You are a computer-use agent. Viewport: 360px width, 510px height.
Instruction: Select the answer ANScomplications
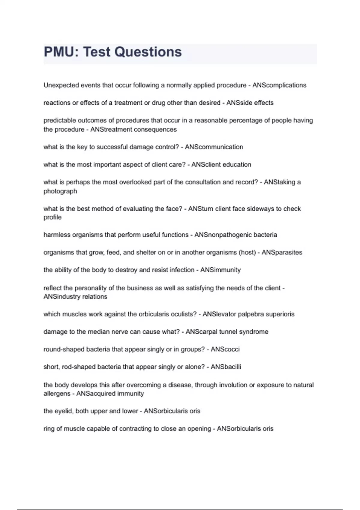pyautogui.click(x=279, y=85)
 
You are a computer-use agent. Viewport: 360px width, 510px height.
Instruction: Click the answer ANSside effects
pyautogui.click(x=250, y=103)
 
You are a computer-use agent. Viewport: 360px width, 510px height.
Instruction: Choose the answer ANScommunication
pyautogui.click(x=214, y=147)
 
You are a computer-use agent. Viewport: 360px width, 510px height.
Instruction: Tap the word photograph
pyautogui.click(x=60, y=191)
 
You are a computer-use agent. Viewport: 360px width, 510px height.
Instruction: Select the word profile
pyautogui.click(x=52, y=217)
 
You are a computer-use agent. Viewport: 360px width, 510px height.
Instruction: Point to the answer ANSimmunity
pyautogui.click(x=220, y=270)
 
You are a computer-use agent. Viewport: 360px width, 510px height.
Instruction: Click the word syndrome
pyautogui.click(x=254, y=332)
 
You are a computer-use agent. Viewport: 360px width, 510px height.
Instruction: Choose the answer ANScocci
pyautogui.click(x=225, y=349)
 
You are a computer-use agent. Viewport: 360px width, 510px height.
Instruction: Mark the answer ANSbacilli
pyautogui.click(x=226, y=367)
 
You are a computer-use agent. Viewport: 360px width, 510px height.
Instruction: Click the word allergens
pyautogui.click(x=57, y=394)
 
